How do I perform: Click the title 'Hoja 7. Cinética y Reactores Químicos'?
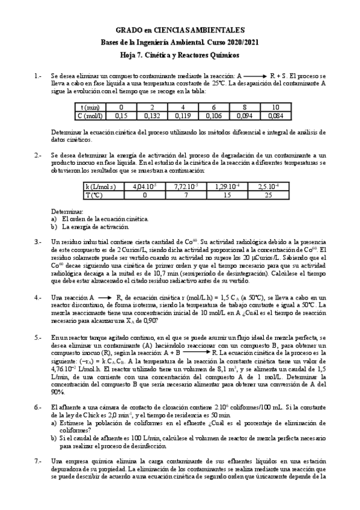180,55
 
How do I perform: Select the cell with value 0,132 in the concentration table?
145,116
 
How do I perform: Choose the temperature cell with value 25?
272,195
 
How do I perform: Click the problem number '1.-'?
38,76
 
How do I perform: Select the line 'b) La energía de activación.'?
90,227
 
